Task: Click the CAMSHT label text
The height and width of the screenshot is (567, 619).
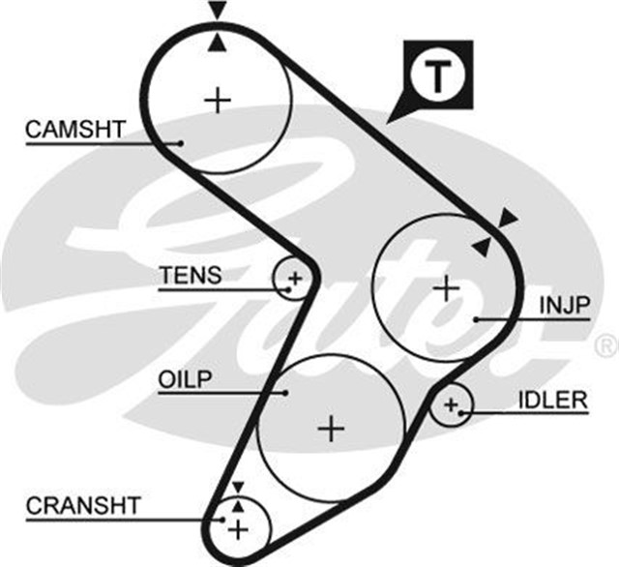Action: [75, 129]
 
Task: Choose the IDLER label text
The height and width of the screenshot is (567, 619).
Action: [552, 399]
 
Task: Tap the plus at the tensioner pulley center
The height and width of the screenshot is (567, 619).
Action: [295, 281]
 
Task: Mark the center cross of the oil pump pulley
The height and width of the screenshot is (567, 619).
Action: [331, 428]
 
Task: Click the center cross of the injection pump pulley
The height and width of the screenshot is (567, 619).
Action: [445, 287]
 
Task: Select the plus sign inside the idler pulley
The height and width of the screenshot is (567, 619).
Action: [449, 406]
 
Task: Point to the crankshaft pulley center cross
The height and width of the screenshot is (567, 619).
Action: [238, 528]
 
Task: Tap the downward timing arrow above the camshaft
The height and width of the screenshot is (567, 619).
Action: [218, 11]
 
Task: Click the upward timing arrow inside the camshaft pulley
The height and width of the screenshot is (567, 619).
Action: [218, 42]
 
